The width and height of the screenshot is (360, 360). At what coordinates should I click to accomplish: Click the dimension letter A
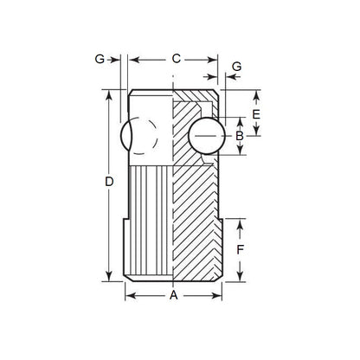(174, 295)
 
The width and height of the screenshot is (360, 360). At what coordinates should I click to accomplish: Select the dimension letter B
(240, 135)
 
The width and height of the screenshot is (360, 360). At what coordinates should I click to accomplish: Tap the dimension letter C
(176, 59)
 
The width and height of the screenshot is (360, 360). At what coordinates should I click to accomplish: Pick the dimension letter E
(257, 113)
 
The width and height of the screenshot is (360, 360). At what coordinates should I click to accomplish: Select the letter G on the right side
(236, 67)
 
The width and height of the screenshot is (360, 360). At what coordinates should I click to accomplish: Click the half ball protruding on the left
(125, 137)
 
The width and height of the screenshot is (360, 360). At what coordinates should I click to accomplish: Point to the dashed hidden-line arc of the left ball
(153, 137)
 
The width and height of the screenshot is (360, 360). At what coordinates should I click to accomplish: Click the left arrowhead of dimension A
(130, 296)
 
